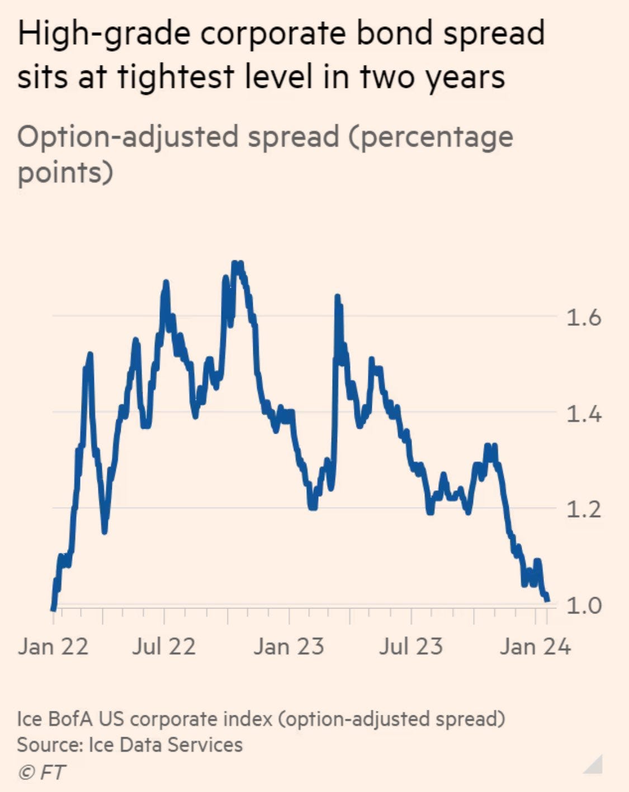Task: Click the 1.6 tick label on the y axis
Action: coord(583,317)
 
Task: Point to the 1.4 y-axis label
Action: coord(583,414)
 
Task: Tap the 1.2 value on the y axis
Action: coord(583,510)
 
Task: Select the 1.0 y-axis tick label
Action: coord(583,606)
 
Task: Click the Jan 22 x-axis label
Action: coord(53,646)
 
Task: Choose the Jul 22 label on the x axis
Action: coord(164,646)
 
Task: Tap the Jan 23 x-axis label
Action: coord(289,646)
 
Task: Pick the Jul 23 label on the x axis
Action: coord(411,646)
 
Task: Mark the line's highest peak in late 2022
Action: coord(238,263)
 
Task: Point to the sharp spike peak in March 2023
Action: coord(338,297)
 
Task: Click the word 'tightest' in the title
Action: coord(175,77)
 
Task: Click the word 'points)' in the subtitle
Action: coord(65,173)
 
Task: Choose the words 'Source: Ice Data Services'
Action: coord(130,745)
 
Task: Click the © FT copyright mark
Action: coord(41,773)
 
